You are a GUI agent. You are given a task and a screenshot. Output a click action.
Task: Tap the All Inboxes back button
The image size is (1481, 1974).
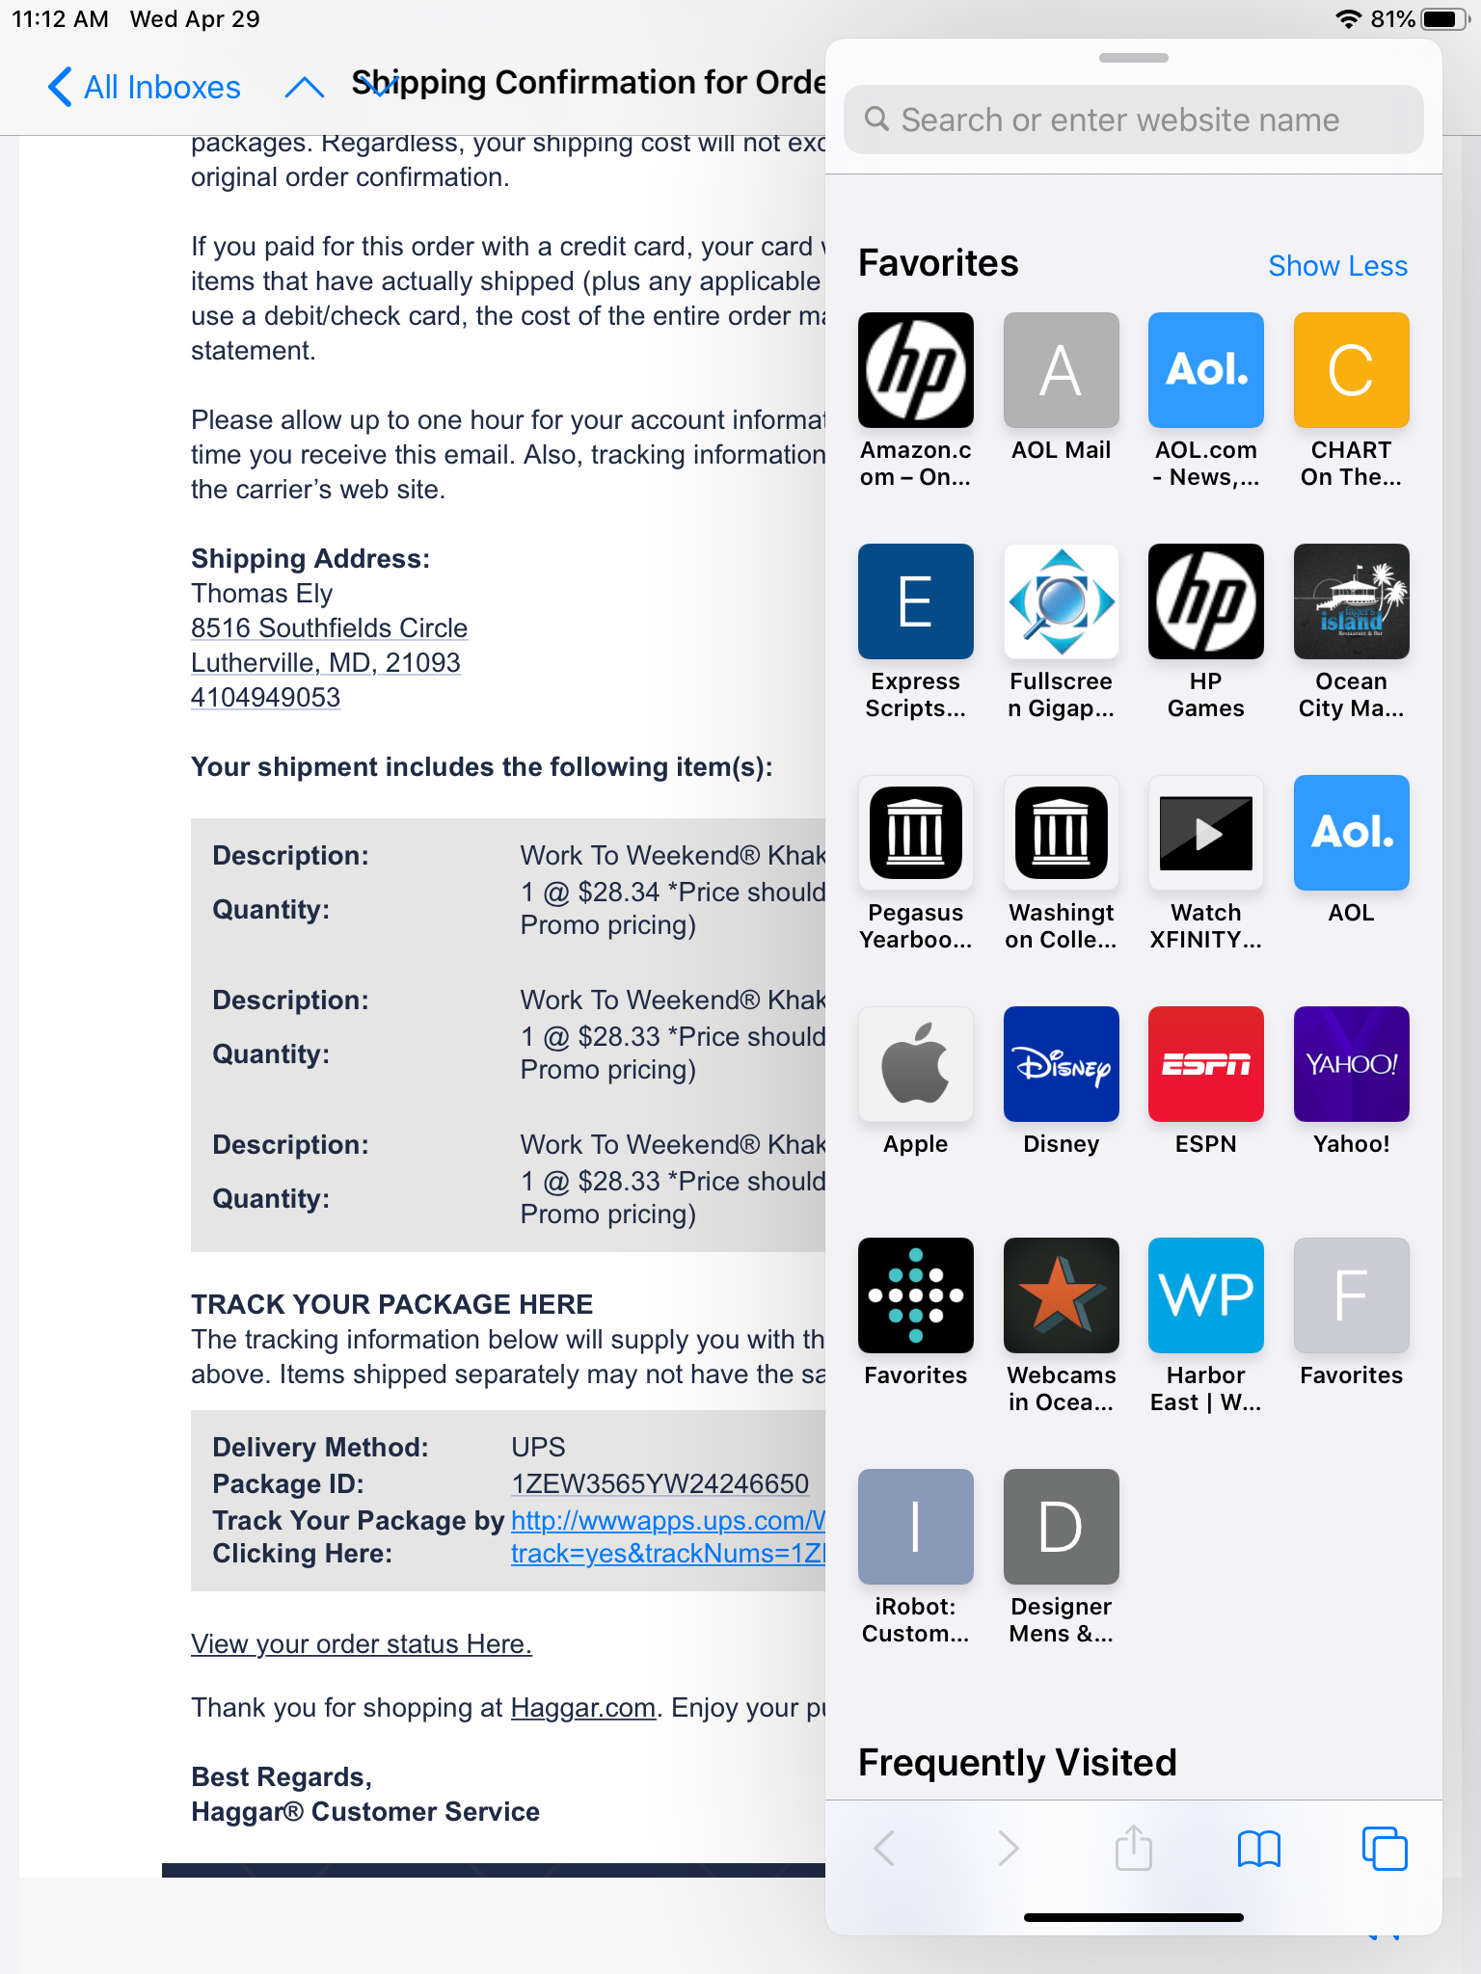(x=145, y=87)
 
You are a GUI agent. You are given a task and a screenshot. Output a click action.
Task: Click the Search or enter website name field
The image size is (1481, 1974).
(x=1133, y=120)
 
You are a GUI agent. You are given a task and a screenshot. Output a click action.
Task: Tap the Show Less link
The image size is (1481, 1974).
(x=1337, y=266)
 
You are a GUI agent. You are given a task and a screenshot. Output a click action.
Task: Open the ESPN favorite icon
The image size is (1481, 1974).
(x=1205, y=1064)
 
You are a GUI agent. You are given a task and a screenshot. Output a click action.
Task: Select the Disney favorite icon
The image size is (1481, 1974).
(x=1061, y=1064)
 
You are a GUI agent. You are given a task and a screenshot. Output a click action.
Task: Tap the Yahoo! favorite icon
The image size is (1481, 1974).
(x=1351, y=1064)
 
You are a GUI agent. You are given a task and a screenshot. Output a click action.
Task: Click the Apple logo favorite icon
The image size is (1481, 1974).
(x=915, y=1064)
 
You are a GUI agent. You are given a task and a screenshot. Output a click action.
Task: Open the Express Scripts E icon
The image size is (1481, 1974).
(x=915, y=601)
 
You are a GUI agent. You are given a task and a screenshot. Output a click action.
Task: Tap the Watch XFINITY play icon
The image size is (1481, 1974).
(x=1205, y=833)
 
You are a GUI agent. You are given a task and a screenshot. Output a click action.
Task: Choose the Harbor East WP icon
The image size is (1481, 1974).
(x=1205, y=1295)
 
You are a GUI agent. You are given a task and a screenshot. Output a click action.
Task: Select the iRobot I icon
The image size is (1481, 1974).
(x=915, y=1527)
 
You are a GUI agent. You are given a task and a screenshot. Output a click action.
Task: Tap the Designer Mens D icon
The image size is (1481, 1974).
(x=1061, y=1527)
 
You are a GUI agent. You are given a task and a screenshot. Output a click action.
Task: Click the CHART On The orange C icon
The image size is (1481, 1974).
(x=1351, y=370)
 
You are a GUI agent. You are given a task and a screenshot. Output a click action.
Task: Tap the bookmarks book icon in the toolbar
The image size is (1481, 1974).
(x=1258, y=1849)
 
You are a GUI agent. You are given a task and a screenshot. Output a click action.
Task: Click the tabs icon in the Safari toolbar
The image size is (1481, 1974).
(x=1384, y=1849)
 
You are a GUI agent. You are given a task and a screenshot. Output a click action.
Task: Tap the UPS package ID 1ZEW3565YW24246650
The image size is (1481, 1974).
(x=660, y=1484)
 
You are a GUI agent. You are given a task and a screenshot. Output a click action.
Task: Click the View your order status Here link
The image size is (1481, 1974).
(x=361, y=1644)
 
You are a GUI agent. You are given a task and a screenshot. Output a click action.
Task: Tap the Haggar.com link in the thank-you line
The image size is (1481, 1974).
(x=582, y=1708)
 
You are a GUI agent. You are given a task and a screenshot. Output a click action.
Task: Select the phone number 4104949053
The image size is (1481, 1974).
(x=265, y=698)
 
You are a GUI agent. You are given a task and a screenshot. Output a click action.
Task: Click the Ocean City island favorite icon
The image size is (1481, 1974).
(x=1351, y=601)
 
